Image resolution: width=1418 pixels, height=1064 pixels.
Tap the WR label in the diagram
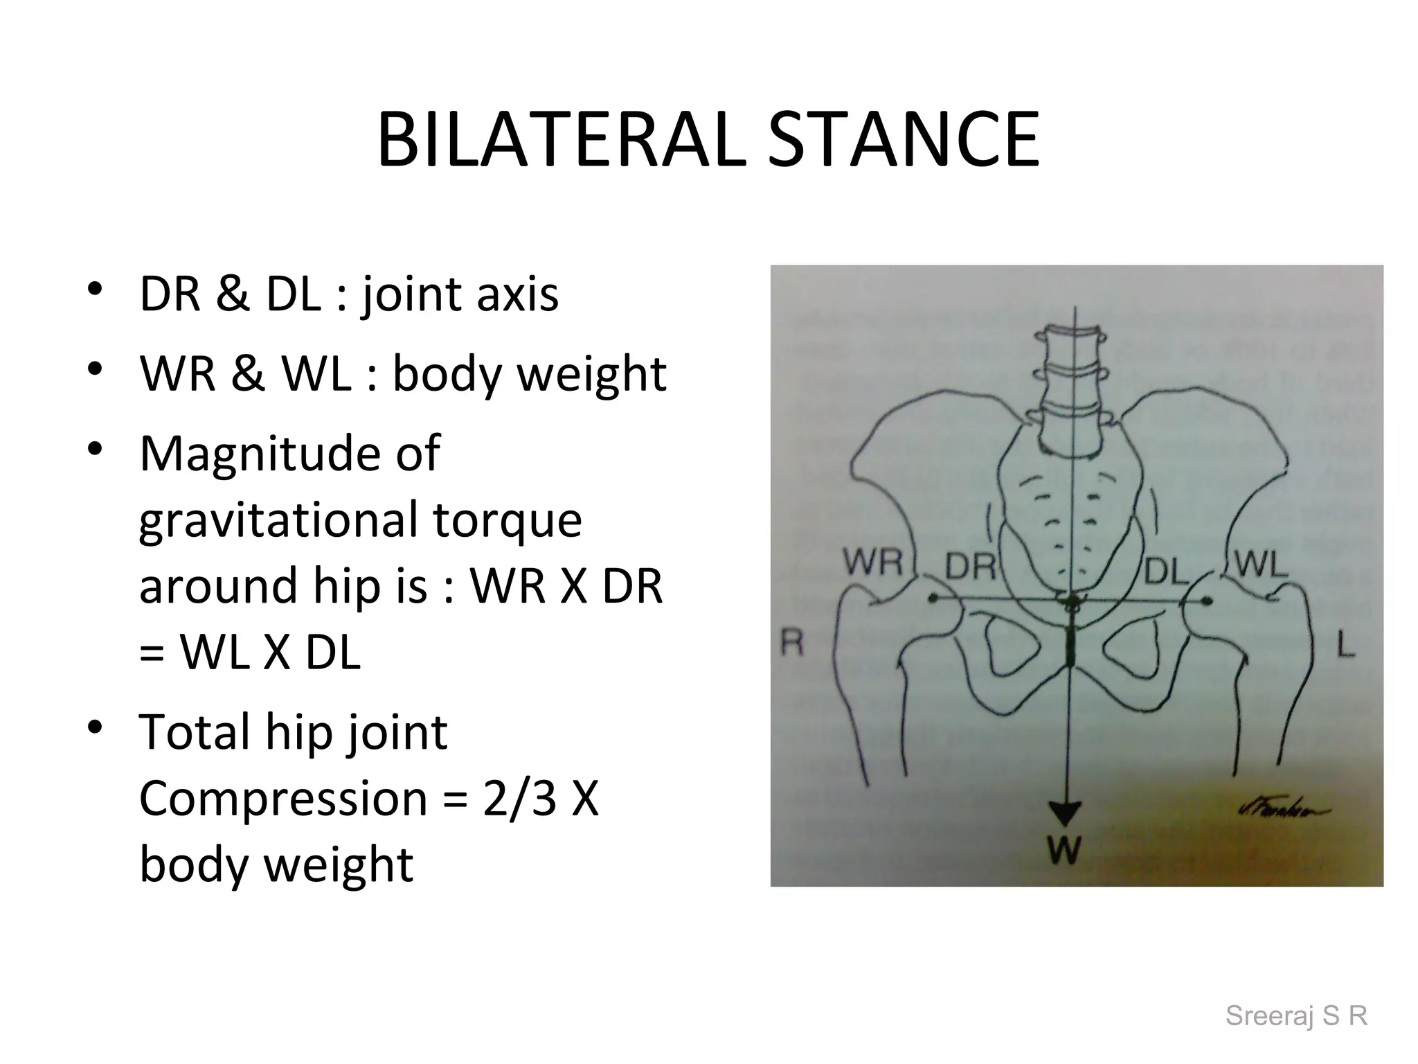point(874,562)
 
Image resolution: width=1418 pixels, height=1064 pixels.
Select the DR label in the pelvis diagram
point(970,567)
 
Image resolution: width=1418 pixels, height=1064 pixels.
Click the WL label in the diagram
point(1261,565)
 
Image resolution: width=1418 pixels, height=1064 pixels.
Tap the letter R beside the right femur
point(792,643)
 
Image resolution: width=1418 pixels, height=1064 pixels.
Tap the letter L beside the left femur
point(1345,646)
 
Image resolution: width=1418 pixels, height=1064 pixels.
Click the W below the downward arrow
point(1064,849)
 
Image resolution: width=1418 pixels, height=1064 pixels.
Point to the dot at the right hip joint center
point(933,598)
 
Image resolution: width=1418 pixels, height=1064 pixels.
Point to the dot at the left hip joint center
point(1207,601)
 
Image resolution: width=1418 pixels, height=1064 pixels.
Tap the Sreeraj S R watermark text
point(1296,1016)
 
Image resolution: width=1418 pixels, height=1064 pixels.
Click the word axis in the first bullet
point(517,294)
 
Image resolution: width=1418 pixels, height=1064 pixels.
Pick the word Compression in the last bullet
point(283,798)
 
